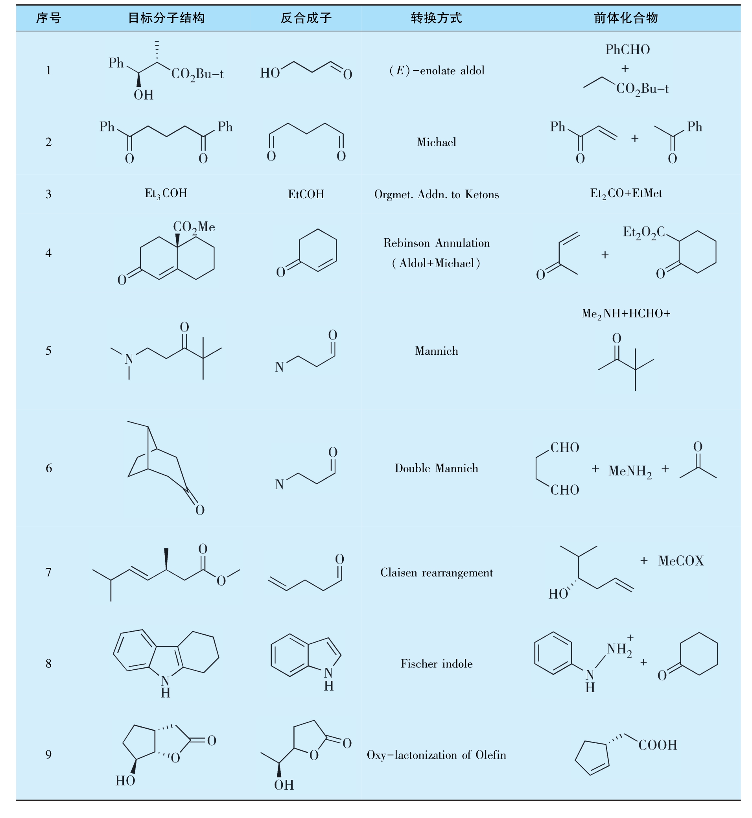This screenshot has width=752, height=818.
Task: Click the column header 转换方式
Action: [436, 18]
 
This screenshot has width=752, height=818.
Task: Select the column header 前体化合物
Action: [625, 18]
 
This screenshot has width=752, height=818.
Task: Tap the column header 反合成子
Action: [306, 18]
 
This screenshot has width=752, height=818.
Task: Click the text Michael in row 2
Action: [436, 142]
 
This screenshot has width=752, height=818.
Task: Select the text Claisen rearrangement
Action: [436, 573]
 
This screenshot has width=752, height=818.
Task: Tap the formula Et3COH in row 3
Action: [166, 193]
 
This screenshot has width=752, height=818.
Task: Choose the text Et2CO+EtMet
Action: [626, 194]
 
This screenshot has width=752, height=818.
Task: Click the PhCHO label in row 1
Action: [627, 50]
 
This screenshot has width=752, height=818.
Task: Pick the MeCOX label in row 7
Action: [681, 561]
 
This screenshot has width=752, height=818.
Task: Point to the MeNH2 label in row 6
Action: [630, 471]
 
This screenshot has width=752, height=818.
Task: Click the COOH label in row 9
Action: [658, 745]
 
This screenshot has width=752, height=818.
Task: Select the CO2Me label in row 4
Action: [194, 227]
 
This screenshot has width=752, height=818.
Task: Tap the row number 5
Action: [48, 351]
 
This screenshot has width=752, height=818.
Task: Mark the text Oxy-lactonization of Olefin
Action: [436, 755]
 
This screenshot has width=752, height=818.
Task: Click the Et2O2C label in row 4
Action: [644, 233]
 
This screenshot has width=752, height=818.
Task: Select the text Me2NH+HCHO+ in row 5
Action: [626, 313]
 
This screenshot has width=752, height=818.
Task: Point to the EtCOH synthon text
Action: [306, 194]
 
